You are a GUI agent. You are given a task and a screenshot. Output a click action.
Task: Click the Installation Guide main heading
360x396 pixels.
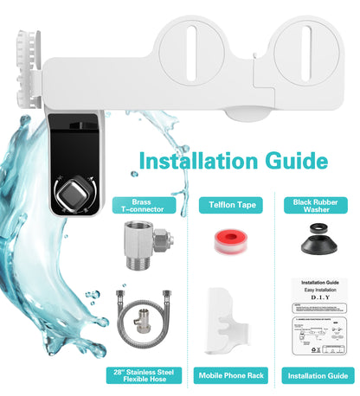pos(233,161)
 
